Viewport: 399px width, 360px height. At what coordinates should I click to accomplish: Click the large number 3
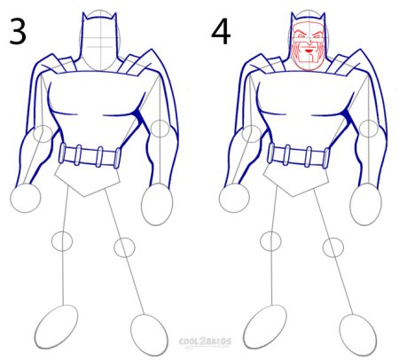pos(18,31)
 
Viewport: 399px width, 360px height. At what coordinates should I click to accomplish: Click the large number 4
pos(221,32)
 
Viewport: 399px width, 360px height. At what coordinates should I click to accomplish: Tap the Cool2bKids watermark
pos(205,342)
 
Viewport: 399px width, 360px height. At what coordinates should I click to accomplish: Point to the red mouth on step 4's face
pos(309,51)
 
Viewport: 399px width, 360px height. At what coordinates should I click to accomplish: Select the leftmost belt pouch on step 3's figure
pos(63,153)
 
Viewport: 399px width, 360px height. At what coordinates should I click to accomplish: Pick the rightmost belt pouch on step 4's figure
pos(326,158)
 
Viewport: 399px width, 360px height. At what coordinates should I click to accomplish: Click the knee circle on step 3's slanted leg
pos(124,247)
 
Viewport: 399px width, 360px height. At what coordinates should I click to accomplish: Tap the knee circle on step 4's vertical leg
pos(270,241)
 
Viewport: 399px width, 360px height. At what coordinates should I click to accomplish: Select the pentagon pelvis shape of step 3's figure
pos(88,180)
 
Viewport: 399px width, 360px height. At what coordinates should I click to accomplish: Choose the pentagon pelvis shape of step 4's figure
pos(296,180)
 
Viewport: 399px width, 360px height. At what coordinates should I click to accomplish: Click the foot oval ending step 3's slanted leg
pos(149,334)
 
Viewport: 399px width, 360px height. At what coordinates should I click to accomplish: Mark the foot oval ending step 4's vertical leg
pos(265,327)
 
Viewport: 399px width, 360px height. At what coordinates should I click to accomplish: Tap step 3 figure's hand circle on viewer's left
pos(26,198)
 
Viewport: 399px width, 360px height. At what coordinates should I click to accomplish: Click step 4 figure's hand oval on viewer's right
pos(365,204)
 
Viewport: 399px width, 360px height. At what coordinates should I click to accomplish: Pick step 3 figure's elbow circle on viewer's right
pos(160,129)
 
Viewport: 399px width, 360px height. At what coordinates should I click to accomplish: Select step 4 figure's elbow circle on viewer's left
pos(251,134)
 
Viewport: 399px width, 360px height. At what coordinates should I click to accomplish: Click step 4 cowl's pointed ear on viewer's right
pos(323,19)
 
